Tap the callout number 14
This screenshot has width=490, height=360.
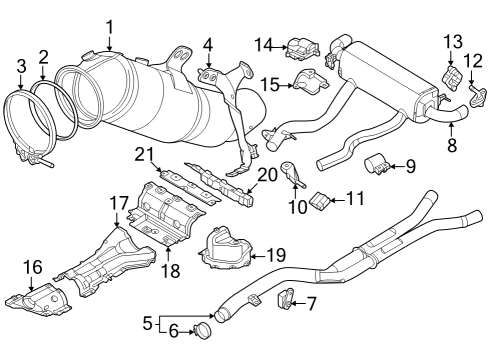[x=263, y=44]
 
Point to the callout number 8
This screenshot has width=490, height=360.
[x=451, y=145]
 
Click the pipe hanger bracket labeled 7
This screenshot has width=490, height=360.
[x=284, y=298]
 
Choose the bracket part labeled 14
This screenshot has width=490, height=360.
[x=299, y=46]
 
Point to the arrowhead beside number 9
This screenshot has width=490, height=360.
[x=393, y=163]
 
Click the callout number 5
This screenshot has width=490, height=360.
[x=147, y=324]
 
